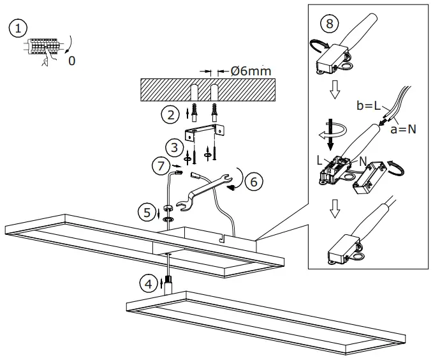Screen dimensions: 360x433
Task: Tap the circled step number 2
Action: click(x=169, y=116)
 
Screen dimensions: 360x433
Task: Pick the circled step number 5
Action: click(x=147, y=211)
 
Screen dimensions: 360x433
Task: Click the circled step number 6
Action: click(x=253, y=181)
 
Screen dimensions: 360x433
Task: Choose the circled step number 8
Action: click(x=329, y=24)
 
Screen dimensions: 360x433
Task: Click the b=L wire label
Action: click(x=369, y=105)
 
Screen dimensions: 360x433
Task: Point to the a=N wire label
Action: click(x=404, y=128)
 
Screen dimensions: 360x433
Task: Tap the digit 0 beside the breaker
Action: click(x=71, y=62)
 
